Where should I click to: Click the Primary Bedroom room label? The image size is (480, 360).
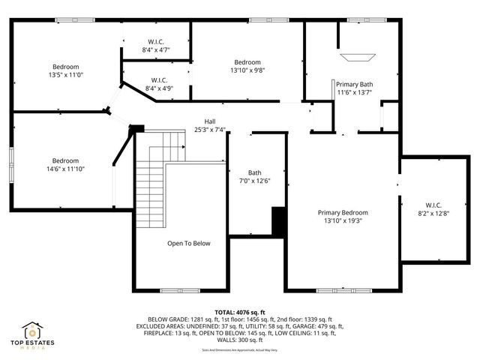point(346,212)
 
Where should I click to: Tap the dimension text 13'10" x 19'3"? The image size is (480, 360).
point(346,221)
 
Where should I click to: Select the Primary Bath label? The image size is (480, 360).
point(354,84)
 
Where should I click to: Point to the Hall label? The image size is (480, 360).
point(210,121)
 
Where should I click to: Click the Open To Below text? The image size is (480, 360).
point(188,243)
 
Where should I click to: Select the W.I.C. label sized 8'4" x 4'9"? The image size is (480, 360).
point(158,79)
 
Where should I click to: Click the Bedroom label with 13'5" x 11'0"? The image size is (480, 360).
point(65,67)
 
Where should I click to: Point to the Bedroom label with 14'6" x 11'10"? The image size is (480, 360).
point(65,160)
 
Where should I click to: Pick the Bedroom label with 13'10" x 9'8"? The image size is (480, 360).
point(247,62)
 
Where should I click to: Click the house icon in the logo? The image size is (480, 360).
point(34,330)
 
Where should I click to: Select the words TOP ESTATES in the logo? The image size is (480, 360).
point(34,343)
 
